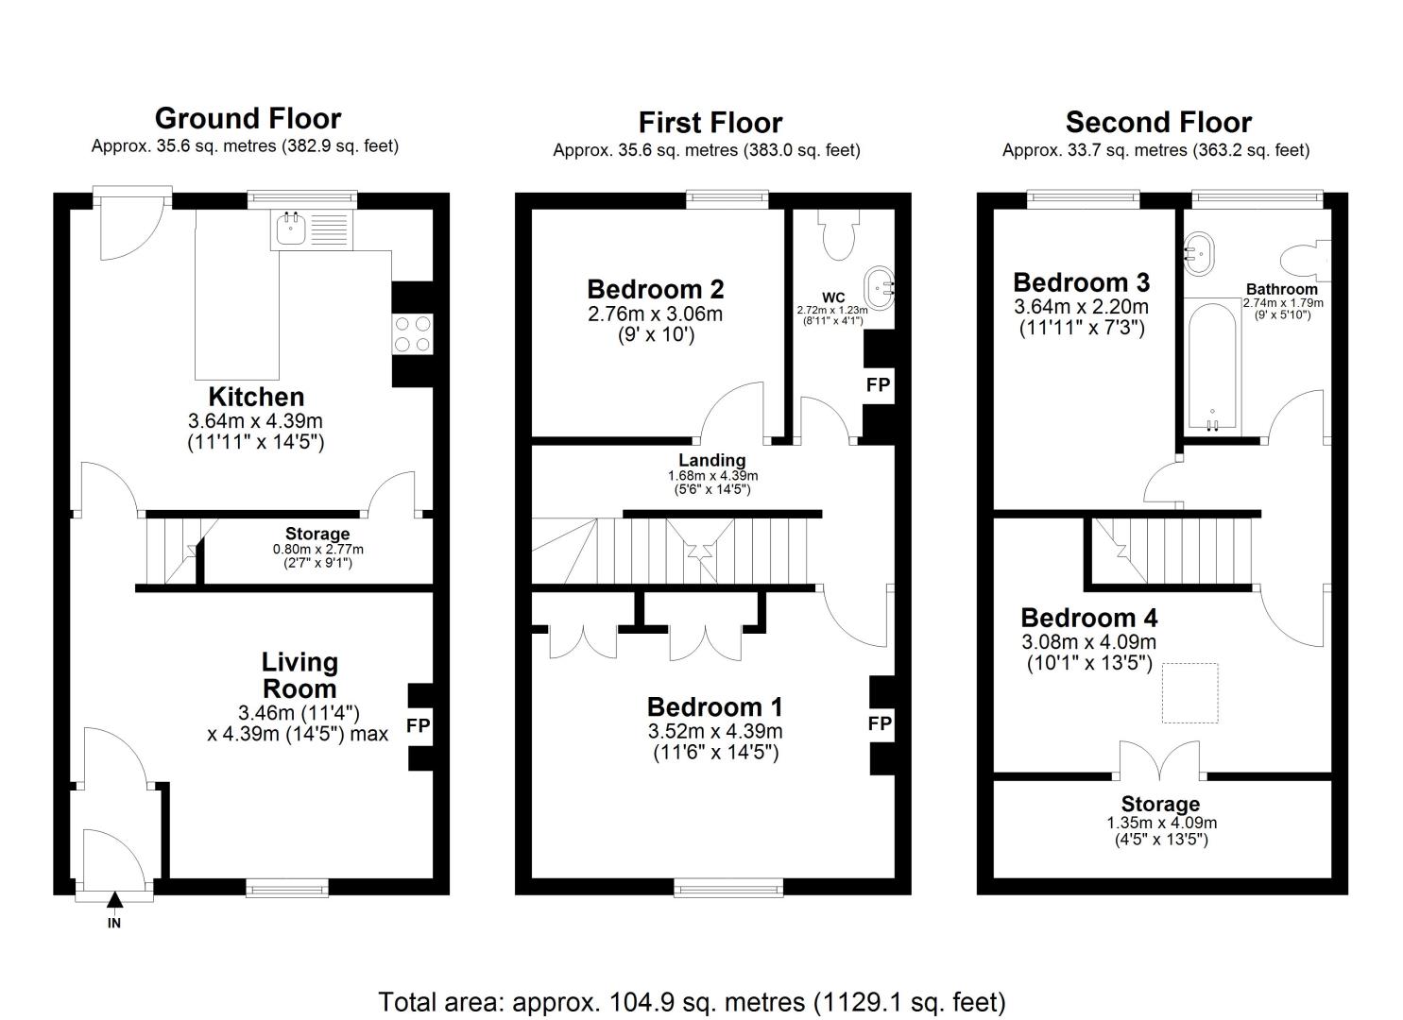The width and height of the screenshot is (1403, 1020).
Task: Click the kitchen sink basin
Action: tap(291, 229)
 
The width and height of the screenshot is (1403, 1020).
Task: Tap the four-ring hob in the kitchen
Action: tap(413, 333)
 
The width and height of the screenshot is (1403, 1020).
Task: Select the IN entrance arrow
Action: tap(114, 901)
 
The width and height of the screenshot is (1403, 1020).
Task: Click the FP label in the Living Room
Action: tap(419, 725)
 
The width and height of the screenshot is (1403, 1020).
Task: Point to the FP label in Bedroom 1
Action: tap(880, 723)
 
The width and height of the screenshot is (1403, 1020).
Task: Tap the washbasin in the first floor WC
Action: tap(879, 289)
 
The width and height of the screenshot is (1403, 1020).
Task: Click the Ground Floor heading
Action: tap(248, 118)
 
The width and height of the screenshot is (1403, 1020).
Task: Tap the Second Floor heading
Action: tap(1158, 122)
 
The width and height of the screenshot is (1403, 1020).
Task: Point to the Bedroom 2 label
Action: tap(655, 289)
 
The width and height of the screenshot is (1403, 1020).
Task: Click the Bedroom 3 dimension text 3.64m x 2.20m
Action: tap(1082, 307)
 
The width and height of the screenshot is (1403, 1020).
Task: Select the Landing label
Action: tap(712, 460)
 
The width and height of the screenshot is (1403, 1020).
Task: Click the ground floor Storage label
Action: tap(317, 535)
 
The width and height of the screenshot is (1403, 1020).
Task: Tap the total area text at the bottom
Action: tap(692, 1002)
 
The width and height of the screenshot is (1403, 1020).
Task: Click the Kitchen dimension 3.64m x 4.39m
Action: tap(255, 421)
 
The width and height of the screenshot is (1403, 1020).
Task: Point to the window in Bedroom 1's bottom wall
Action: tap(729, 887)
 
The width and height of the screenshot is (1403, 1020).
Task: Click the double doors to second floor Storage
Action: tap(1160, 763)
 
